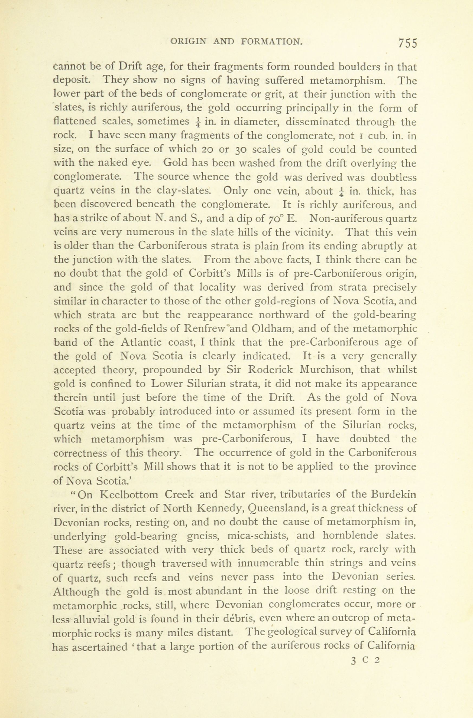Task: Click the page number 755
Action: (407, 43)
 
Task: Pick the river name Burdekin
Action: (394, 495)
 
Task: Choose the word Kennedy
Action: (220, 509)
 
